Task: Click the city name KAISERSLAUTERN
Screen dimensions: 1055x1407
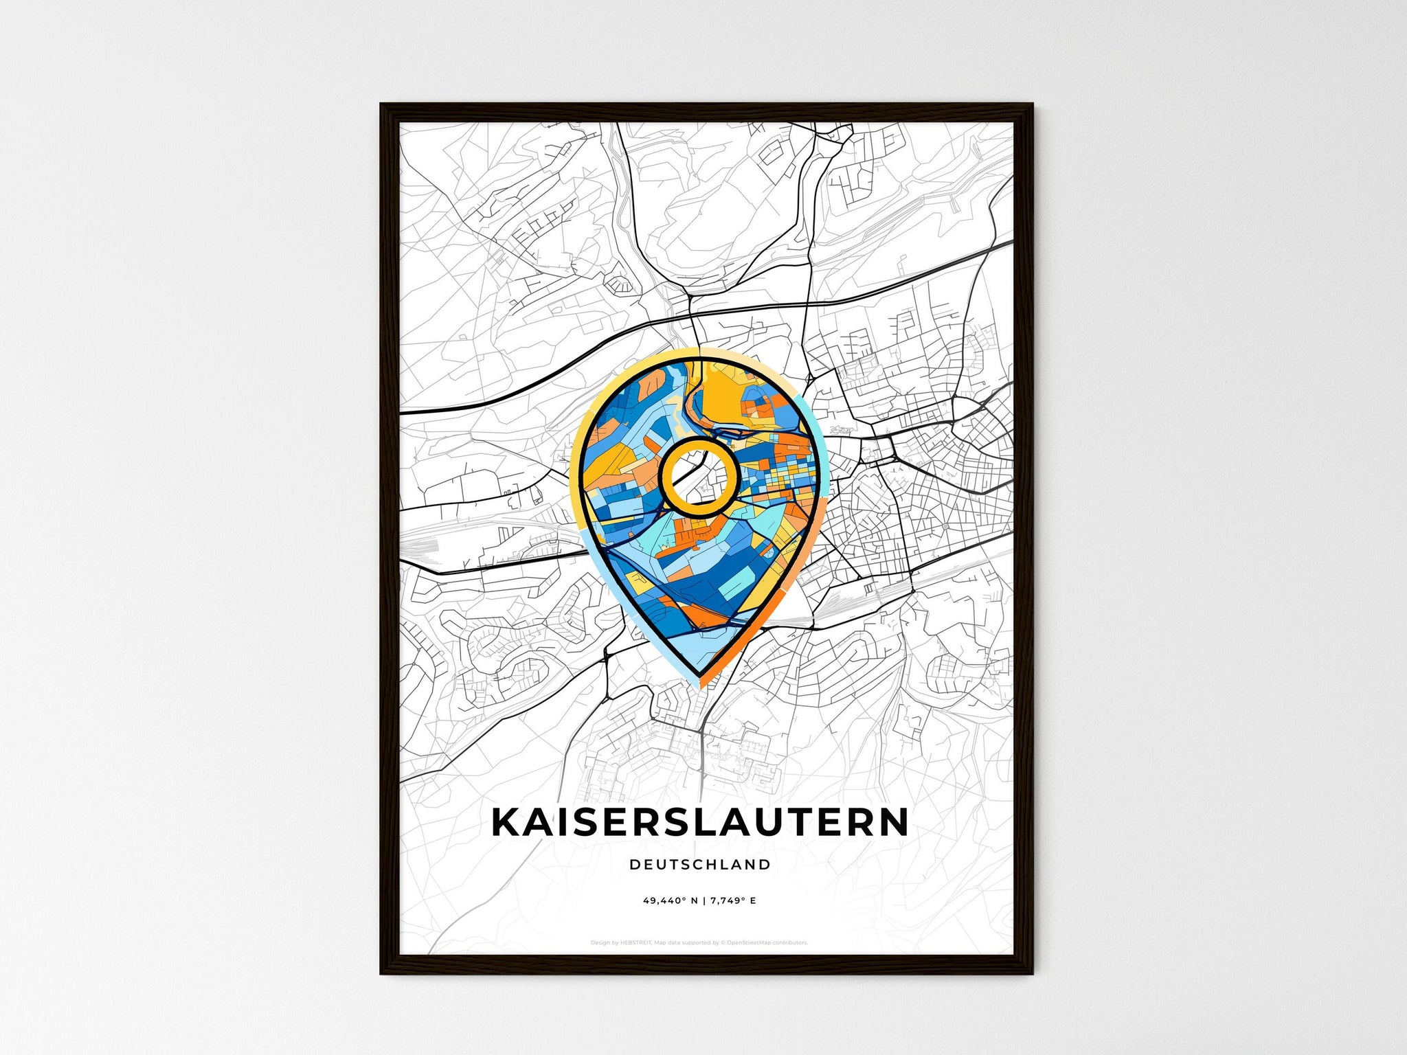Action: pyautogui.click(x=700, y=823)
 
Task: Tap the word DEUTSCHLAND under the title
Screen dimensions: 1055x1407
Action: pyautogui.click(x=700, y=865)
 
